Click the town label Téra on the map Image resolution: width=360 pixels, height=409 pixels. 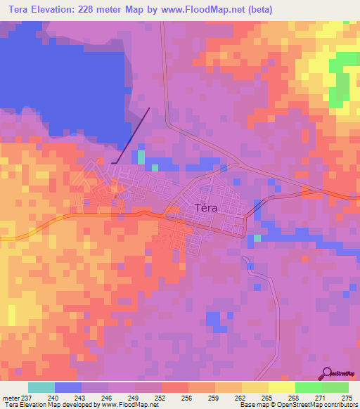point(205,207)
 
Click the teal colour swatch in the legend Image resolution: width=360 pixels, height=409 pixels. point(41,387)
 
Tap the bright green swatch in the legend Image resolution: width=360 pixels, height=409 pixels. point(308,387)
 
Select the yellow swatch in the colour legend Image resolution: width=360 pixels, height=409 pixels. point(281,387)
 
